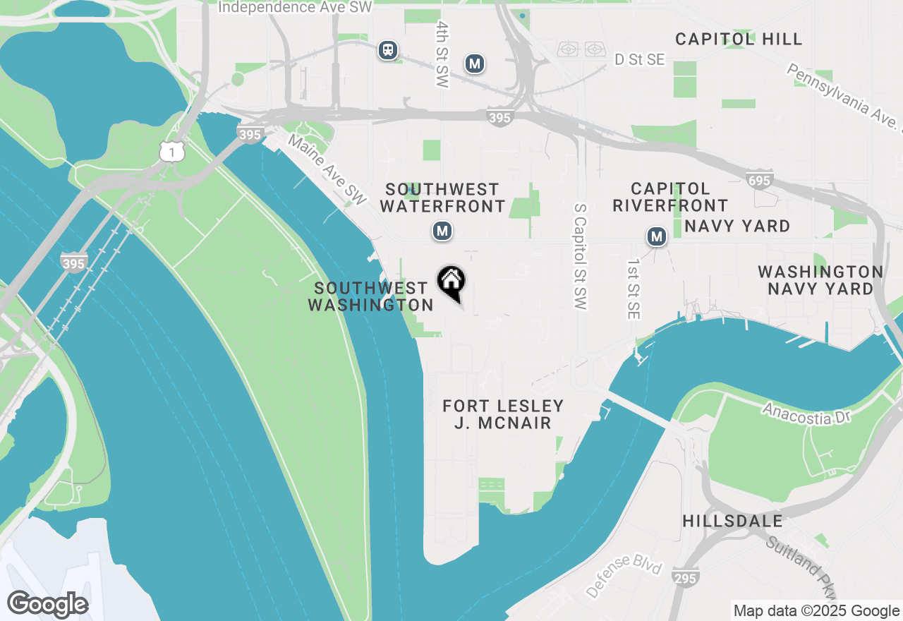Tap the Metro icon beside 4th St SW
click(475, 64)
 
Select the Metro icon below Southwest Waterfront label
click(442, 231)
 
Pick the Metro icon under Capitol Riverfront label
click(657, 236)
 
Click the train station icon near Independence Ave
click(387, 50)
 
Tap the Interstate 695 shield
click(760, 181)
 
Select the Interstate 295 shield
click(686, 578)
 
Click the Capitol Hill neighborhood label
click(739, 39)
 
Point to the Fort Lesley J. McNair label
click(503, 414)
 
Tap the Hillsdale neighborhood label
click(732, 521)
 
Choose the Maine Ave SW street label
click(327, 171)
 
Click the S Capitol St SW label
click(581, 257)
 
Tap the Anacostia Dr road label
click(806, 414)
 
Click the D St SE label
click(639, 60)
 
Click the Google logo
click(47, 605)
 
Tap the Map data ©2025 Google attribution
click(816, 611)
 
